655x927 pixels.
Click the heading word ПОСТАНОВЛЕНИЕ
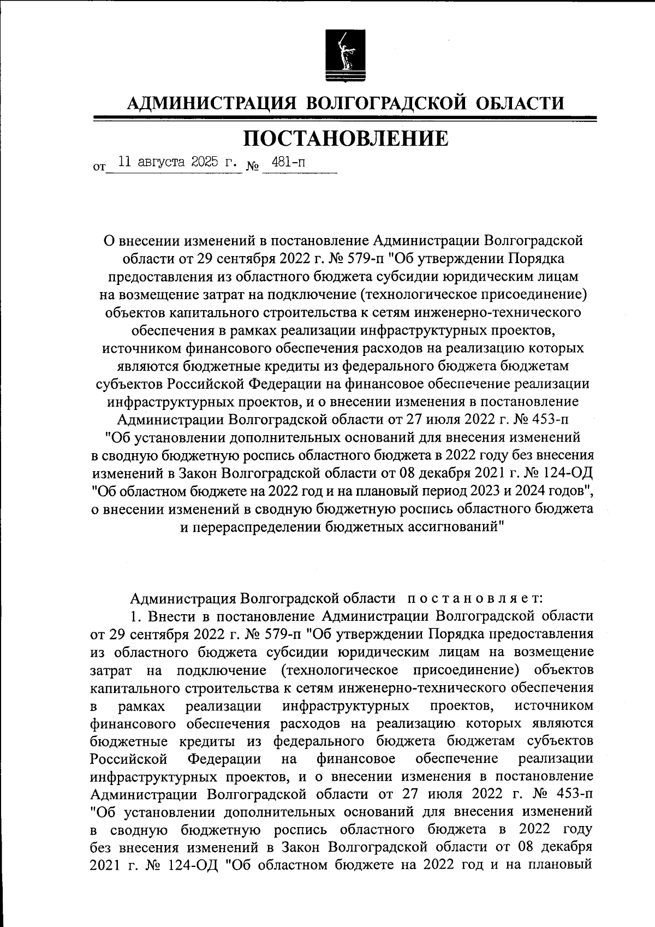(345, 139)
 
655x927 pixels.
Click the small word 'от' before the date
(98, 168)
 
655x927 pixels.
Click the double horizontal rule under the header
(345, 119)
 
